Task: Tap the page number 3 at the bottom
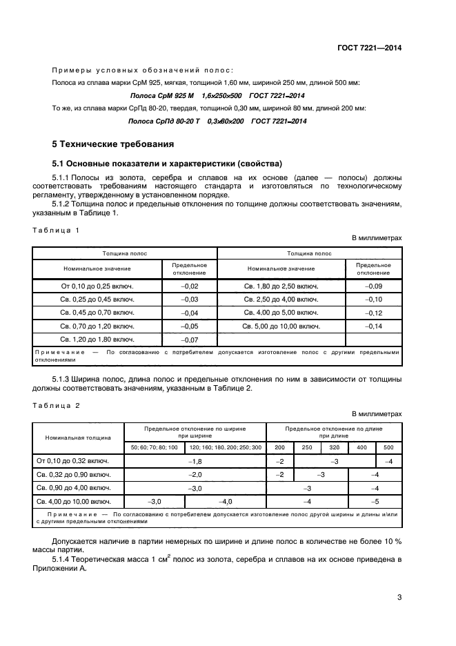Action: (399, 598)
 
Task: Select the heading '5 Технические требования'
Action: (108, 144)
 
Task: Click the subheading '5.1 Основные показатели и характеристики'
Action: (167, 164)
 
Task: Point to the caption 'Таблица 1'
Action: (57, 230)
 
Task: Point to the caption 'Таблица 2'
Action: (57, 405)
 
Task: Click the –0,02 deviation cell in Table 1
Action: (189, 286)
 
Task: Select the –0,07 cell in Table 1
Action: (189, 340)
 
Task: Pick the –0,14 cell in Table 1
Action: (373, 326)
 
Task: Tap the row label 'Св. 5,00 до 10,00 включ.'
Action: (281, 326)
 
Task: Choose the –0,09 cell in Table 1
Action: (373, 286)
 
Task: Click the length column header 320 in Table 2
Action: (335, 447)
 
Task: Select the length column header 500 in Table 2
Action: (388, 447)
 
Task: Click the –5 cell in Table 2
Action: (375, 502)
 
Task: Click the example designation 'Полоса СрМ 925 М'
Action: (162, 95)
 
